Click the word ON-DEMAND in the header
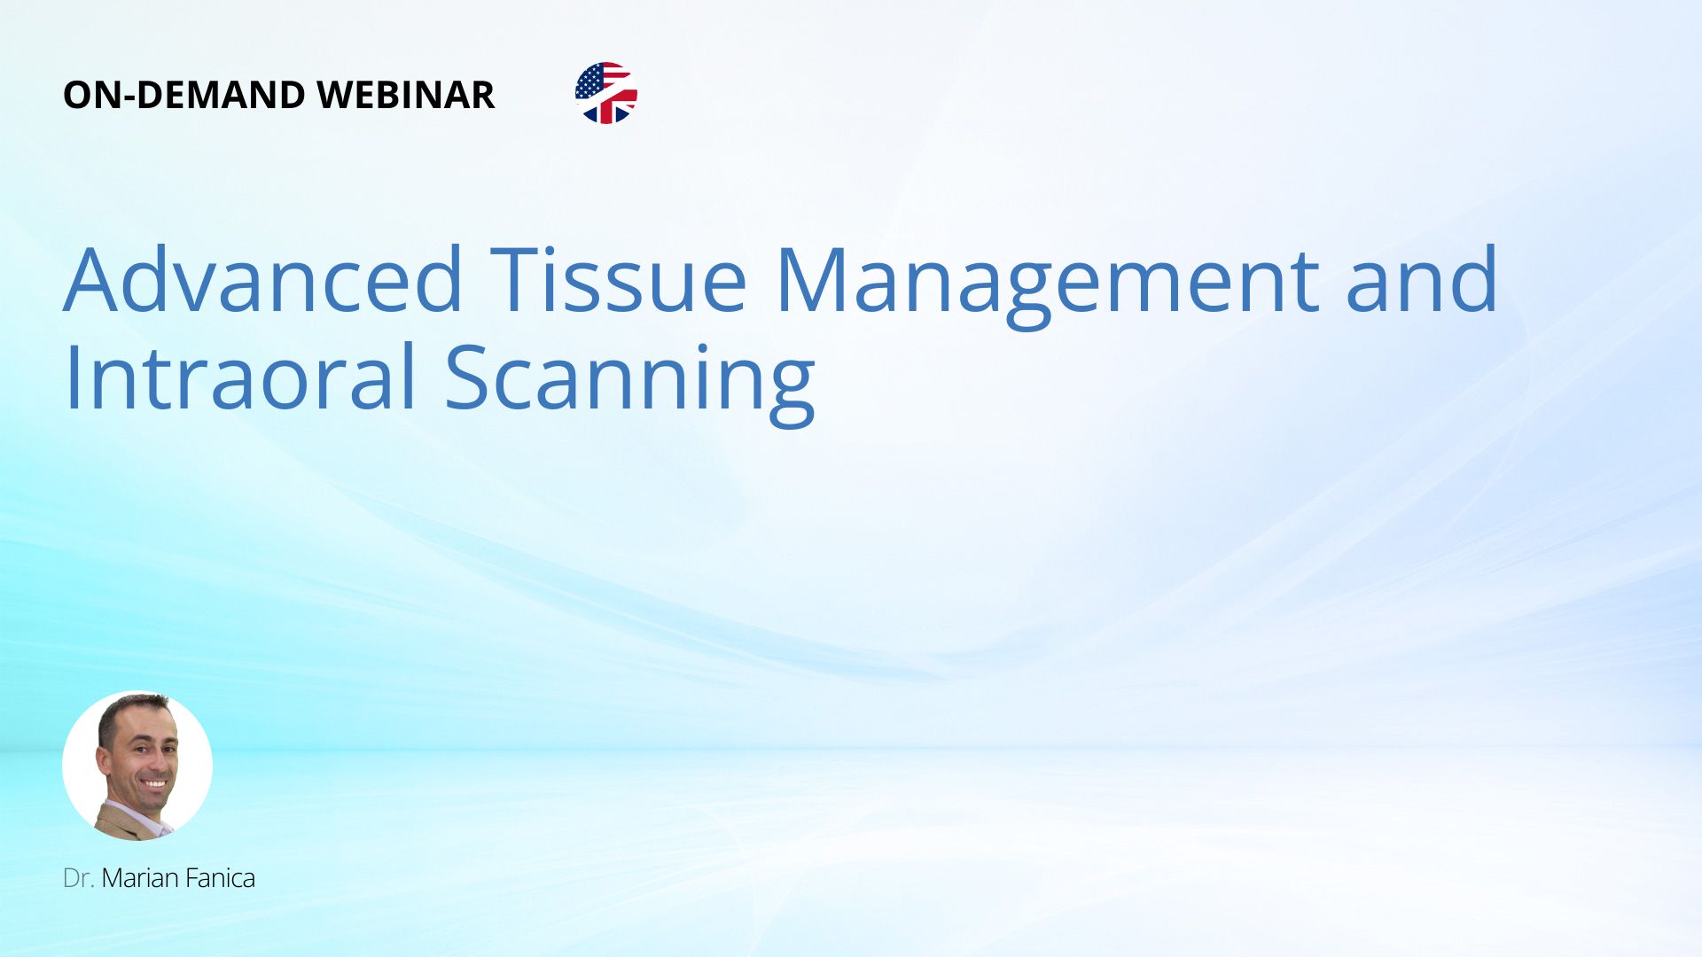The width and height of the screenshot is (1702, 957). click(x=184, y=95)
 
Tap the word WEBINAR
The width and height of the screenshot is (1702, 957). click(x=405, y=95)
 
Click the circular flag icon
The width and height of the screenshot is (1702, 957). click(x=606, y=93)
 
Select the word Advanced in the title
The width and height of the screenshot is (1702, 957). click(x=263, y=279)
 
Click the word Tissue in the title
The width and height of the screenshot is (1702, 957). click(x=619, y=279)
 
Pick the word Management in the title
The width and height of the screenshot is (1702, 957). click(x=1048, y=285)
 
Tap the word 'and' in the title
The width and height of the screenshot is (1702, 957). click(x=1422, y=279)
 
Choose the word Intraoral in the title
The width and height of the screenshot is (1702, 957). click(x=240, y=377)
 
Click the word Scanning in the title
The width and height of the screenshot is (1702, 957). click(x=629, y=384)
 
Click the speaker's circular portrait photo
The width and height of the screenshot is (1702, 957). click(x=137, y=766)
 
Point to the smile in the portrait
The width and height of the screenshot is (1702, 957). click(x=155, y=784)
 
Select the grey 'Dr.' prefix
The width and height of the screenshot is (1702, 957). click(x=79, y=878)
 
